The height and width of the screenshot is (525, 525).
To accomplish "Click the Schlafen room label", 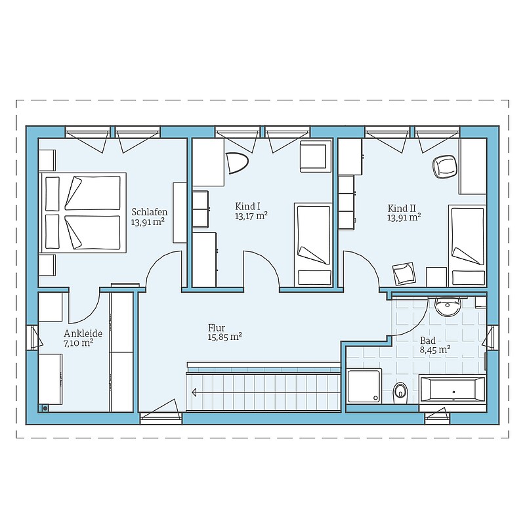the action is point(150,212).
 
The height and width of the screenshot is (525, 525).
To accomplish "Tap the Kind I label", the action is point(247,206).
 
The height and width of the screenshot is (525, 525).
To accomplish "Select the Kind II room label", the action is point(402,208).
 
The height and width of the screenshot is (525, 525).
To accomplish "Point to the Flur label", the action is point(217,327).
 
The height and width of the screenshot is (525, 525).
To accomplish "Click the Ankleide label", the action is point(83,333).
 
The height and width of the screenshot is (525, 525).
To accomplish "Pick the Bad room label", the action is point(428,341).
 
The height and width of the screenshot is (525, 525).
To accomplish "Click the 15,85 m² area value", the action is point(224,337).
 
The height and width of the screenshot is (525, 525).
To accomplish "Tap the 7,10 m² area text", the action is point(78,343).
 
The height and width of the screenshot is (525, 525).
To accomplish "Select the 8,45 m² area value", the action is point(435,350).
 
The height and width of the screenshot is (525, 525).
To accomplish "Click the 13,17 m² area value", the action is point(251,216).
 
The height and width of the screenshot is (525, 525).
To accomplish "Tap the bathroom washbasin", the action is point(448,307).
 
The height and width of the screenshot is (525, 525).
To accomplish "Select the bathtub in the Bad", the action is point(452,389).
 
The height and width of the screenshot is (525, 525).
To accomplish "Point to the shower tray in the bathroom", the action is point(364,386).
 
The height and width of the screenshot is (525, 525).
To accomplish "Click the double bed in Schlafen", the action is point(83,213).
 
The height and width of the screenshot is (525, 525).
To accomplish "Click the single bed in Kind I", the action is point(314,244).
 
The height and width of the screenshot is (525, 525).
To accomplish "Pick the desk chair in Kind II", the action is point(445,167).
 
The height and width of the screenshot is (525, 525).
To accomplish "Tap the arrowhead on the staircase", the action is point(194,392).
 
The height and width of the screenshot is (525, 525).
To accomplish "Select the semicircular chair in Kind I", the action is point(237,163).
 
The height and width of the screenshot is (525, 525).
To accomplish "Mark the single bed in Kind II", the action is point(467,245).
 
